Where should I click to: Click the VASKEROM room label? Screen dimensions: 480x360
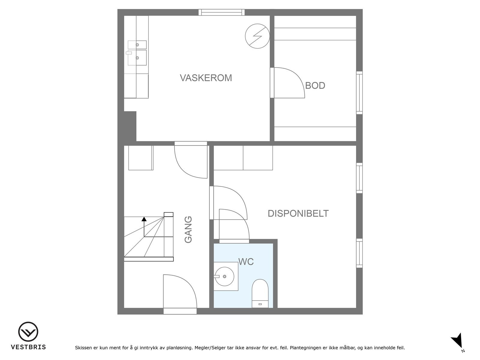click(x=206, y=78)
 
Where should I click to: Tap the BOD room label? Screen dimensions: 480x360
click(x=315, y=85)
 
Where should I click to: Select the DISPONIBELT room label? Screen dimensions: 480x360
click(x=298, y=213)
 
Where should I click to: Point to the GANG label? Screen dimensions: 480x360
click(x=188, y=229)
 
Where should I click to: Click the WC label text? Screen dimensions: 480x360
click(x=246, y=262)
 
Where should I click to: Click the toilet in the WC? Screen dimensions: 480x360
click(x=260, y=293)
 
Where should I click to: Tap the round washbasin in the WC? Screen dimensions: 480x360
click(x=225, y=277)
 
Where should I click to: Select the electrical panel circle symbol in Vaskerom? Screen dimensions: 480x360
click(x=257, y=36)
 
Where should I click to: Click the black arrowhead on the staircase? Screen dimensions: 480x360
click(x=144, y=219)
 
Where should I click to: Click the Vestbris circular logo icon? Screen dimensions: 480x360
click(x=28, y=331)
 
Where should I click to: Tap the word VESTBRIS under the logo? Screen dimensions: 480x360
click(x=28, y=347)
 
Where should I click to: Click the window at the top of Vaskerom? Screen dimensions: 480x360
click(x=221, y=12)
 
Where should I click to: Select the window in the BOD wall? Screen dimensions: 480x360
click(x=359, y=93)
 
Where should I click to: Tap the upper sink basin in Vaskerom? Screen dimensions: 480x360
click(x=137, y=45)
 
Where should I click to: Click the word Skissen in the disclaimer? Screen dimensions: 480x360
click(x=83, y=348)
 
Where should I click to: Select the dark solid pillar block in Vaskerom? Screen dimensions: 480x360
click(x=130, y=126)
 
